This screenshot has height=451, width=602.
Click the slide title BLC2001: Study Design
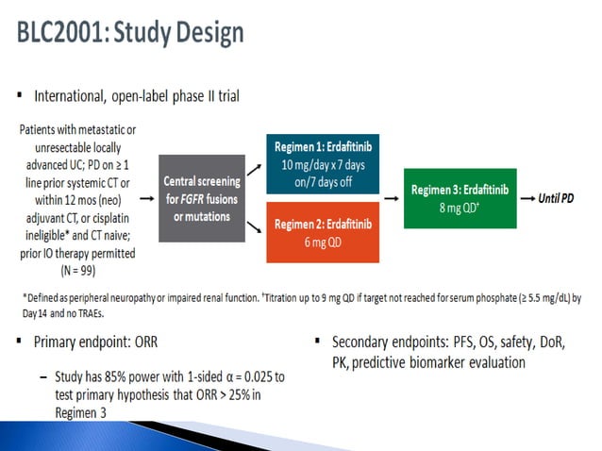tap(130, 34)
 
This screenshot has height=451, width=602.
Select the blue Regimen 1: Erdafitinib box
tap(326, 161)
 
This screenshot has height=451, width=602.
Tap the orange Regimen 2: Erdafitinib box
tap(326, 231)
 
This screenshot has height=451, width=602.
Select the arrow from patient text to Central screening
tap(147, 199)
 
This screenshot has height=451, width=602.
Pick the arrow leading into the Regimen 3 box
tap(390, 199)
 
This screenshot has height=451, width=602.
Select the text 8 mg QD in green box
tap(460, 209)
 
